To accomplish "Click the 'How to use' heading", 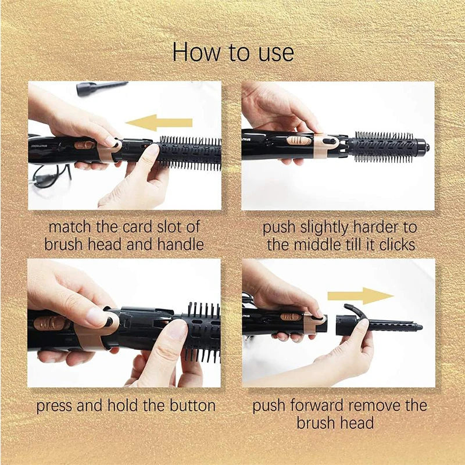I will coord(233,52).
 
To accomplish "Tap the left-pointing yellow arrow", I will coord(158,122).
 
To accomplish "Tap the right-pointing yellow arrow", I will coord(360,295).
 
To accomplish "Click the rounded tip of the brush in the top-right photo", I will coord(427,142).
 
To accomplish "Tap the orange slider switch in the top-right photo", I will coord(298,141).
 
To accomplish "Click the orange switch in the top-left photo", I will coord(84,144).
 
